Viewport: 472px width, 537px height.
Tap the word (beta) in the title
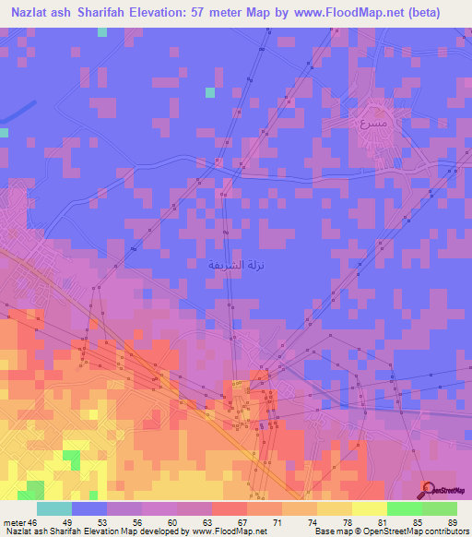point(419,13)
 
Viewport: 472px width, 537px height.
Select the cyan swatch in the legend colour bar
point(54,508)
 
